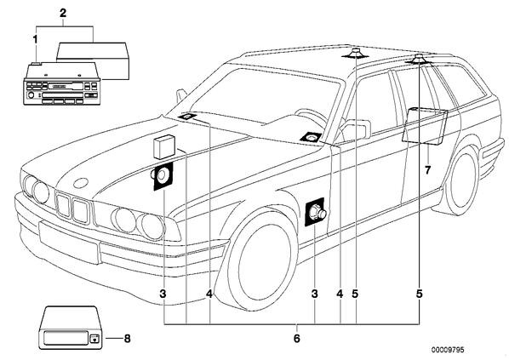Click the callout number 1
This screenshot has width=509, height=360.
(x=35, y=40)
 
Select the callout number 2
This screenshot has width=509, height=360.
(x=63, y=13)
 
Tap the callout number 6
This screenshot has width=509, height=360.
(x=297, y=339)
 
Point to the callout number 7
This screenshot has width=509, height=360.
(x=427, y=169)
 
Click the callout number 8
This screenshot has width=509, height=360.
(x=128, y=339)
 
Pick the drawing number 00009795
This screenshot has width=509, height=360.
(x=448, y=350)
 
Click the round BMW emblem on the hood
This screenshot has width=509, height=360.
(x=81, y=183)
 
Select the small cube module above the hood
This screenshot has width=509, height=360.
(x=164, y=147)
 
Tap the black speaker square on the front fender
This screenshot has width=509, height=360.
(x=315, y=212)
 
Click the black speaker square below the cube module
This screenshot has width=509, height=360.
(x=163, y=176)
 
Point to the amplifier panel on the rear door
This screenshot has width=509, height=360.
(x=425, y=126)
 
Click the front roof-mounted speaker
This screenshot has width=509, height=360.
(x=356, y=54)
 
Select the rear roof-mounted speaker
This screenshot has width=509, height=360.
(x=419, y=60)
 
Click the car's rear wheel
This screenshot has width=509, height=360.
(x=462, y=180)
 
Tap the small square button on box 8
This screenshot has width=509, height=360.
(x=94, y=339)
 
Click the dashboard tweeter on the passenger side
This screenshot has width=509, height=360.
(x=187, y=117)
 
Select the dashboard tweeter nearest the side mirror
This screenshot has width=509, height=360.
(x=311, y=138)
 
